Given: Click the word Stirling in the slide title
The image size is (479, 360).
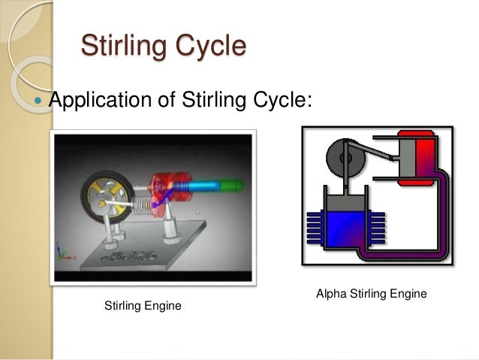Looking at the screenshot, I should pos(120,46).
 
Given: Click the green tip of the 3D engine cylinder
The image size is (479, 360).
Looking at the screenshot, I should pos(233,183).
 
